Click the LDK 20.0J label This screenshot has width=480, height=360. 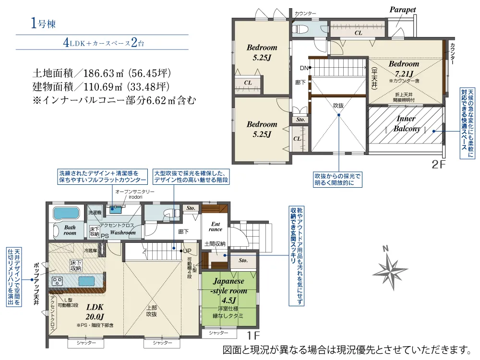(96, 312)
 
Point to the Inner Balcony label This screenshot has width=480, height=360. (407, 123)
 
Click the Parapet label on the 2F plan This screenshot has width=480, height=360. (402, 9)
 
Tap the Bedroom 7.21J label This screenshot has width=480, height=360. (403, 69)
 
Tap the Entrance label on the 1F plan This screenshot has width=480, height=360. (216, 226)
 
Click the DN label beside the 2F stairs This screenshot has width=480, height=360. (304, 68)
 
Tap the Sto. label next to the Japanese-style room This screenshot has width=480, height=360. (243, 260)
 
